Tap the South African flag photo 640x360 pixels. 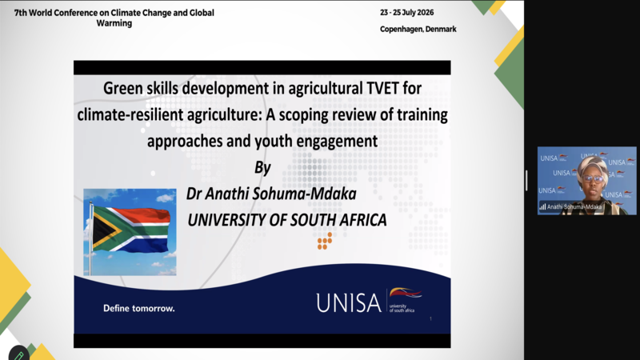tap(130, 232)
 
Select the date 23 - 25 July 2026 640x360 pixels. tap(407, 13)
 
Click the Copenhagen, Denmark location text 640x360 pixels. tap(418, 29)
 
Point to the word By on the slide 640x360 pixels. tap(263, 167)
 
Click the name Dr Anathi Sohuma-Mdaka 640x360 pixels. tap(271, 194)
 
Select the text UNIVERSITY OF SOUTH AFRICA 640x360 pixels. tap(287, 220)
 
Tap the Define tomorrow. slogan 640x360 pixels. tap(138, 308)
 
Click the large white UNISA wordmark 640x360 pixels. tap(349, 303)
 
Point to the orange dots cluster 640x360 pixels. tap(325, 241)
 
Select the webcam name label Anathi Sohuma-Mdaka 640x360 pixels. tap(574, 207)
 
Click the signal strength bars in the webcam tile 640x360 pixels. tap(542, 207)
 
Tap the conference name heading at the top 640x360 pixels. tap(114, 18)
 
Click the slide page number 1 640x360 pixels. tap(430, 318)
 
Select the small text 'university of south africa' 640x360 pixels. tap(402, 308)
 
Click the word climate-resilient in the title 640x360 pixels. tap(130, 114)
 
